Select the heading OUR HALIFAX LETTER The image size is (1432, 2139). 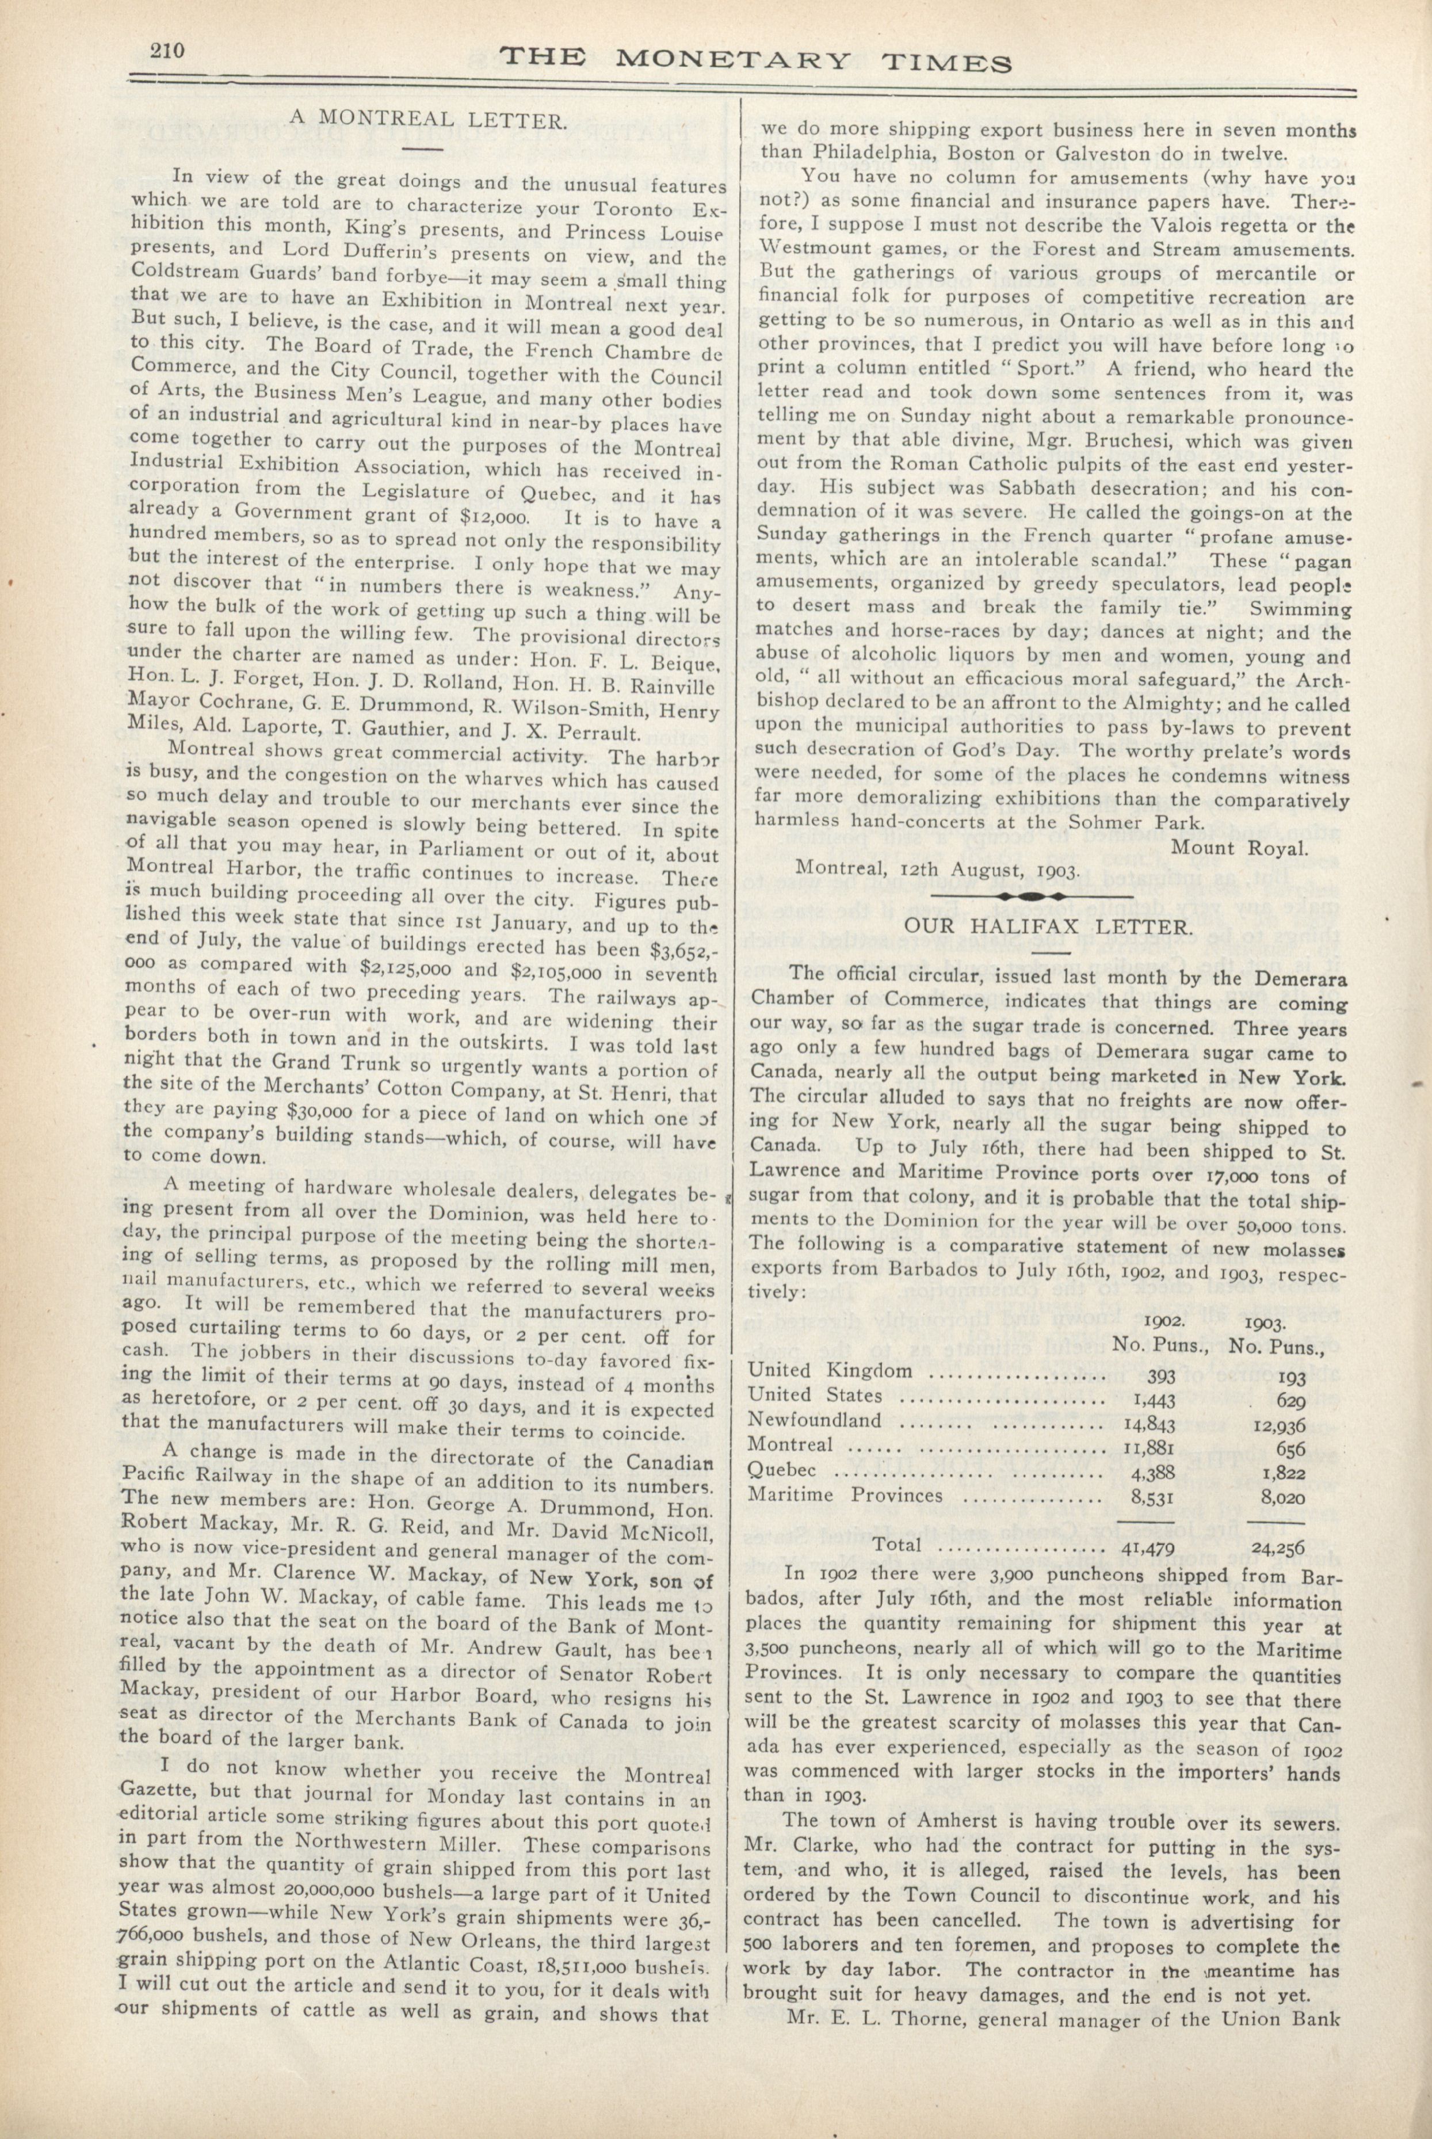(1048, 926)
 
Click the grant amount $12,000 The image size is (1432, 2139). (488, 518)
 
